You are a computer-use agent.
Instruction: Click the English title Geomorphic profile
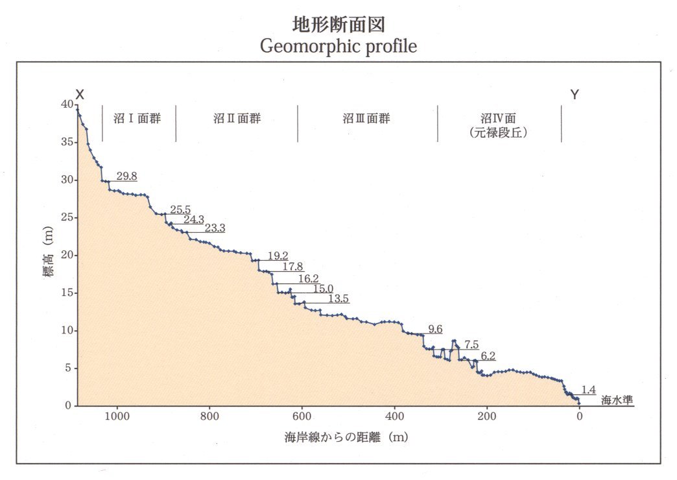(x=338, y=47)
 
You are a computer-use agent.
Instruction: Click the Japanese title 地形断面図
(x=339, y=25)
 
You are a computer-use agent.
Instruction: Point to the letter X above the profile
(x=80, y=95)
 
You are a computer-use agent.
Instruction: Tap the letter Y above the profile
(x=575, y=95)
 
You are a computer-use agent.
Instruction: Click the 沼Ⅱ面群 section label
(x=237, y=119)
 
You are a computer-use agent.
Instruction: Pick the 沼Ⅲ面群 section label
(x=366, y=119)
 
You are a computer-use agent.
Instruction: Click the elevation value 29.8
(x=126, y=176)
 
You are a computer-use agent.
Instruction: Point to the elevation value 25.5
(x=180, y=210)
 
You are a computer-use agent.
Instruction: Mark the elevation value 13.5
(x=338, y=299)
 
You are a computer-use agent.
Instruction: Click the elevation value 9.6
(x=435, y=330)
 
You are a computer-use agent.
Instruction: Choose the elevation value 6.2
(x=488, y=356)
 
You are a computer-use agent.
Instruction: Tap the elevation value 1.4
(x=588, y=390)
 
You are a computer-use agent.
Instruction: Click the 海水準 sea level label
(x=616, y=400)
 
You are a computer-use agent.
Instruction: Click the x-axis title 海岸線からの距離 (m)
(x=346, y=437)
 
